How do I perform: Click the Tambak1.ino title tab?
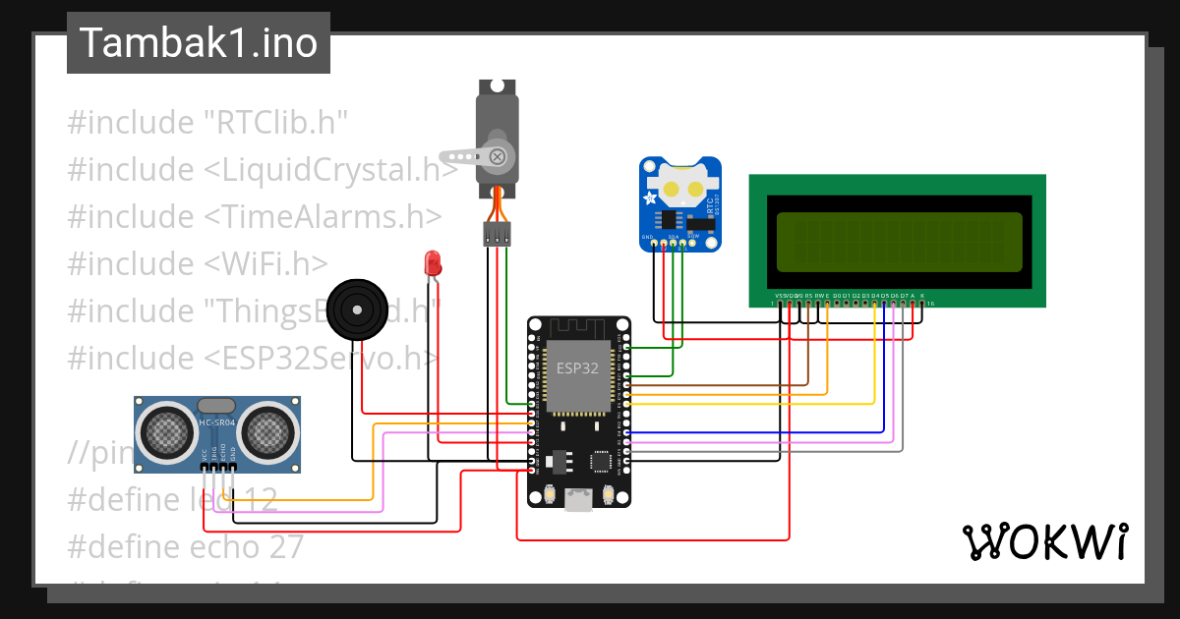click(x=198, y=43)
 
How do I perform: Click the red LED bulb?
click(x=432, y=262)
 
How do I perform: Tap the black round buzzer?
click(x=354, y=308)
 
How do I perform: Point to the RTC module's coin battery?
click(x=682, y=184)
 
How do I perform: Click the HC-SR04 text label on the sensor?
click(x=216, y=422)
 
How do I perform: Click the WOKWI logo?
click(x=1044, y=541)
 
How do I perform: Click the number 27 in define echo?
click(x=284, y=546)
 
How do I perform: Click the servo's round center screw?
click(x=499, y=155)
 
